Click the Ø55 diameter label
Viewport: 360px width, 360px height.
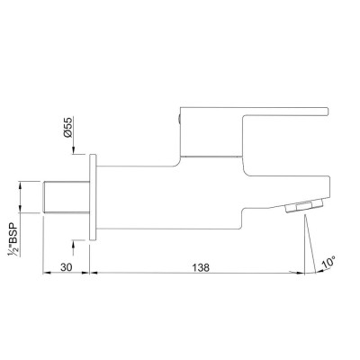click(x=68, y=128)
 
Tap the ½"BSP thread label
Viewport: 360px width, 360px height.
click(x=13, y=239)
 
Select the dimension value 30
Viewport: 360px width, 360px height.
click(x=67, y=267)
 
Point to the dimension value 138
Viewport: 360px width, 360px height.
click(x=201, y=267)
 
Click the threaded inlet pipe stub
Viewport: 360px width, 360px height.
click(x=67, y=197)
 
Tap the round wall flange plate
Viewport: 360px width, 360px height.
click(x=93, y=197)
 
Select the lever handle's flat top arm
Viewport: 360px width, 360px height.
click(x=254, y=111)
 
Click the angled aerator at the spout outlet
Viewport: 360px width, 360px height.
click(x=304, y=206)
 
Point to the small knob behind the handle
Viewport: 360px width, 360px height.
click(x=179, y=120)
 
